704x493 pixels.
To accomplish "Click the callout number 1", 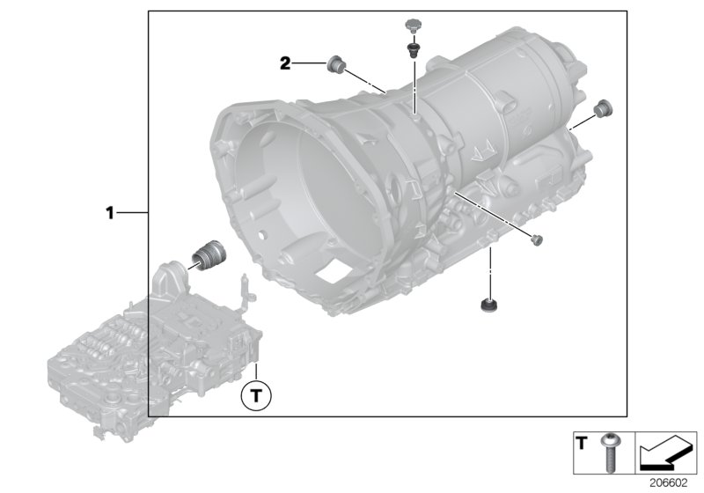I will click(x=110, y=212).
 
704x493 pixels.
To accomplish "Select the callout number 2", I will click(x=285, y=63).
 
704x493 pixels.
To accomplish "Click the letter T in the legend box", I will click(x=580, y=441).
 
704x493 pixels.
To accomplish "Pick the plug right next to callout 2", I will click(x=335, y=63).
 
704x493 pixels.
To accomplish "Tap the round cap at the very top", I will click(x=410, y=21).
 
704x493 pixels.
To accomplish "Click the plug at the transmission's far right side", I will click(x=603, y=109).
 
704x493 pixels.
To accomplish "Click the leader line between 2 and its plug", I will click(x=309, y=63).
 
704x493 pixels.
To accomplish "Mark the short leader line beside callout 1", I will click(x=132, y=212).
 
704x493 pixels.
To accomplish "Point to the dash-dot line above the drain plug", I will click(x=490, y=269).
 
